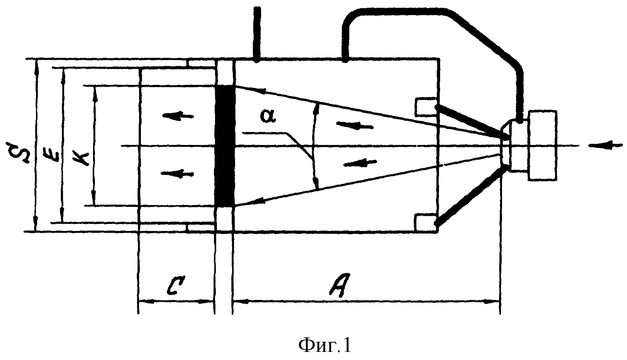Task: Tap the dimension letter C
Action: click(176, 286)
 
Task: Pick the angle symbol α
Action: click(268, 116)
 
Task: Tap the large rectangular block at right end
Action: click(542, 145)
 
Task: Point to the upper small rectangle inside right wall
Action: click(426, 107)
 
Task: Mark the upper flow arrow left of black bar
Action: click(178, 115)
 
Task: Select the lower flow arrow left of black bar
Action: click(178, 173)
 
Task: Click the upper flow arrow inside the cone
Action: click(354, 125)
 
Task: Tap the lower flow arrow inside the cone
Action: click(360, 163)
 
